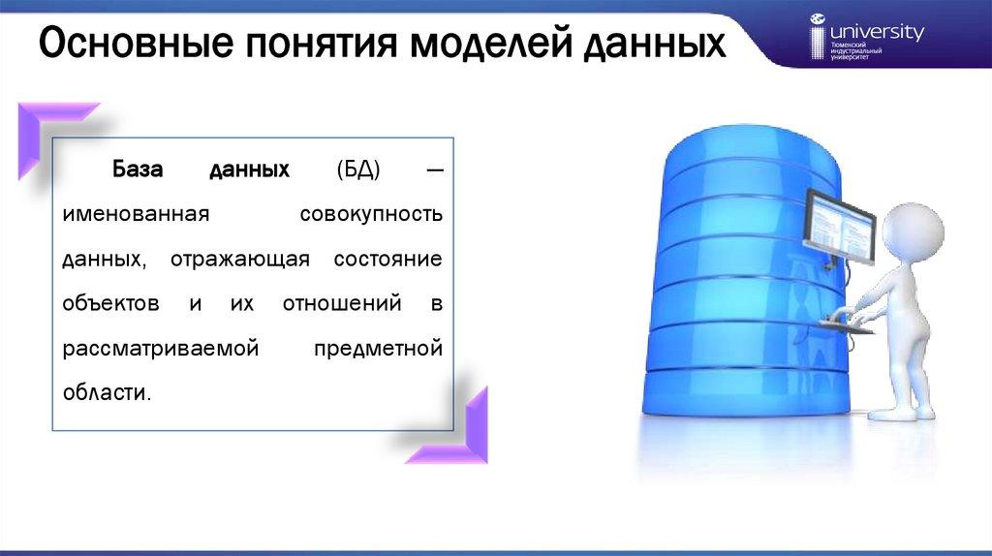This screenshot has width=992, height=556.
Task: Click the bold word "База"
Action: (138, 169)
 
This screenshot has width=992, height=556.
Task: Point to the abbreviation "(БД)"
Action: (358, 170)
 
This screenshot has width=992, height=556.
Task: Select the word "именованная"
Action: (136, 214)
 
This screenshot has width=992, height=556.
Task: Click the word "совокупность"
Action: (371, 215)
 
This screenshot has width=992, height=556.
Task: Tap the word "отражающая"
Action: (240, 260)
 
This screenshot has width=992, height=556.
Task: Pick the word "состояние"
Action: (387, 260)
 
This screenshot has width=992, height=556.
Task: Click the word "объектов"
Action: (110, 303)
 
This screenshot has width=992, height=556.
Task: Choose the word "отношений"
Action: (342, 303)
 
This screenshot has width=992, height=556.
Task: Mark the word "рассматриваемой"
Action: (161, 349)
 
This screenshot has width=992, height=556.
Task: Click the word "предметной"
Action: (379, 349)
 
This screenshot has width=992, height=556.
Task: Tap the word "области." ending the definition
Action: (107, 393)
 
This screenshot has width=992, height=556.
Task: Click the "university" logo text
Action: (877, 32)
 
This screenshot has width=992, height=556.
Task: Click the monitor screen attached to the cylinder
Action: (840, 227)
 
